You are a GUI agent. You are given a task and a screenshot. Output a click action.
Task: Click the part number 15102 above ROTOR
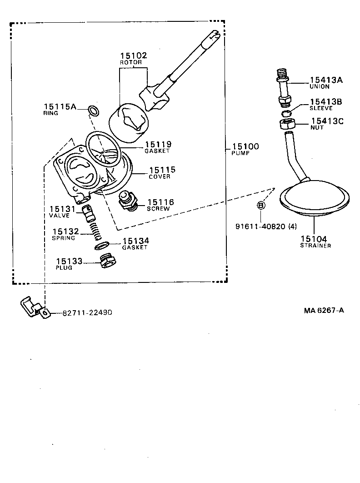click(x=134, y=55)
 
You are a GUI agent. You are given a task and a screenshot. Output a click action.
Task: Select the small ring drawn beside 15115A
click(x=94, y=110)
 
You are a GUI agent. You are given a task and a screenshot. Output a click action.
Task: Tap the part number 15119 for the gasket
click(x=158, y=144)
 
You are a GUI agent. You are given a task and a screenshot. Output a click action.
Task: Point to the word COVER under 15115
click(x=160, y=176)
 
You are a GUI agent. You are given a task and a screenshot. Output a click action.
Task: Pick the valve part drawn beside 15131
click(x=87, y=211)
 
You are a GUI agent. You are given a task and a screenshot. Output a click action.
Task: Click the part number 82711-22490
click(x=87, y=312)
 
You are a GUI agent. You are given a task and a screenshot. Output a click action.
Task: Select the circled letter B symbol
click(x=261, y=206)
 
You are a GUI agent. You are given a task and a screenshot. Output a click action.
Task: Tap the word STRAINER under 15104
click(x=315, y=246)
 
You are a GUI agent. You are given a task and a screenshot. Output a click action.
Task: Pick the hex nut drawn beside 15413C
click(x=287, y=123)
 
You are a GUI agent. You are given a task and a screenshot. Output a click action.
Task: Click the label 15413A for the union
click(x=326, y=80)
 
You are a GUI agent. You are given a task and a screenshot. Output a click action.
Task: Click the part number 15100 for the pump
click(x=245, y=146)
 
